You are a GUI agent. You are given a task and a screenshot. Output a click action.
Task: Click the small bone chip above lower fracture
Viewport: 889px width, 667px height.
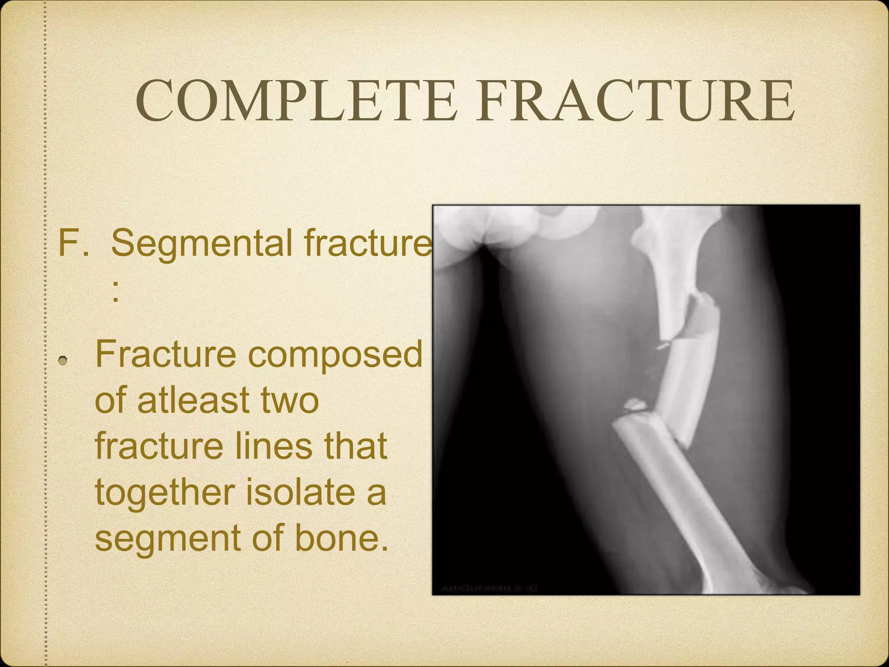[x=634, y=406]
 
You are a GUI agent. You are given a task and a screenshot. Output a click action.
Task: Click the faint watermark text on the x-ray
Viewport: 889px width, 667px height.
[x=489, y=588]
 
